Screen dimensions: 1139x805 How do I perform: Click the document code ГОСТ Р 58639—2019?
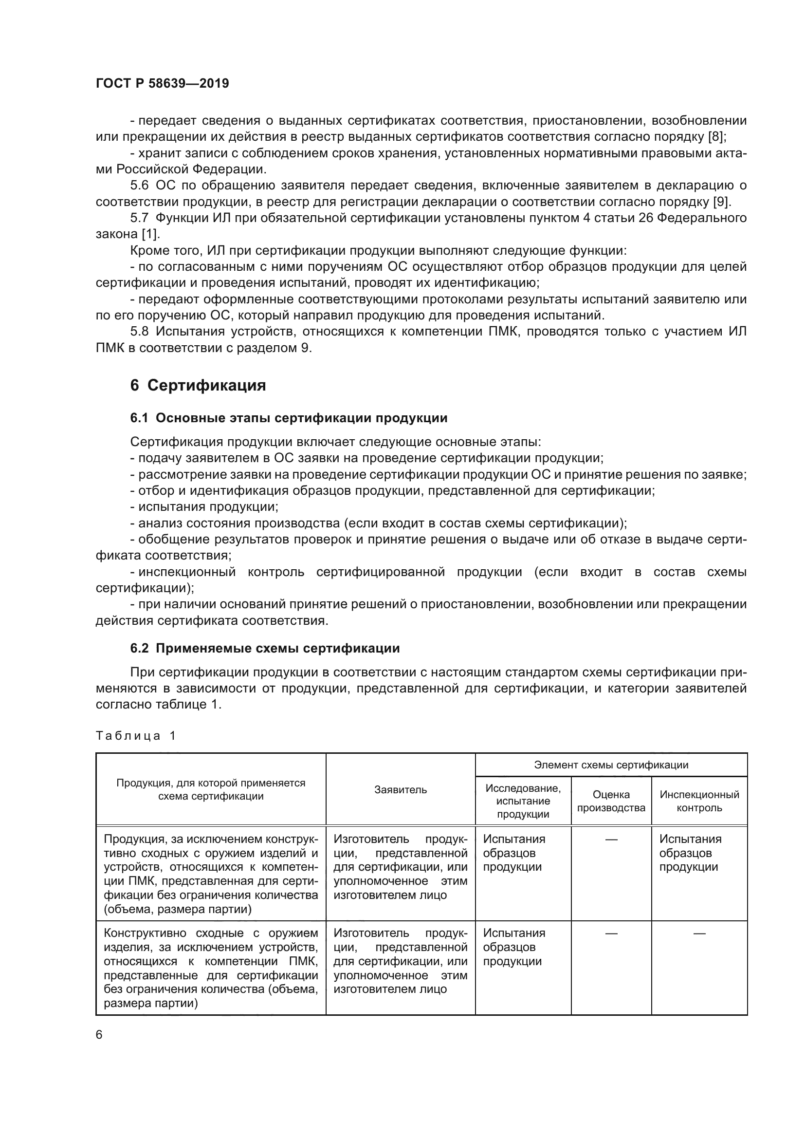coord(162,83)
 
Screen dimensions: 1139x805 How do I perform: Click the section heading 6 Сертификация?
coord(198,385)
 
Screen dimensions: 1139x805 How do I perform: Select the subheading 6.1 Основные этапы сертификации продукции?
coord(289,418)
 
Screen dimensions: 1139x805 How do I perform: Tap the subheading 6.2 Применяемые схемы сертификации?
coord(265,648)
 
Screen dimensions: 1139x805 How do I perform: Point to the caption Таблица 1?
coord(136,735)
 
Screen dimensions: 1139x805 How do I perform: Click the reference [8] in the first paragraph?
coord(718,136)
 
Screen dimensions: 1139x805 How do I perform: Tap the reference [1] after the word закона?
coord(151,234)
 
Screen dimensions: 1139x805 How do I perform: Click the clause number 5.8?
coord(139,332)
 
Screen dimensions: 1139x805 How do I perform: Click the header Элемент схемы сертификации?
coord(611,765)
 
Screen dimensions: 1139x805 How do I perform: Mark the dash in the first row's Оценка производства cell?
coord(611,840)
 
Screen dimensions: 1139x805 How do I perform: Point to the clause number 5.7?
coord(139,218)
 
